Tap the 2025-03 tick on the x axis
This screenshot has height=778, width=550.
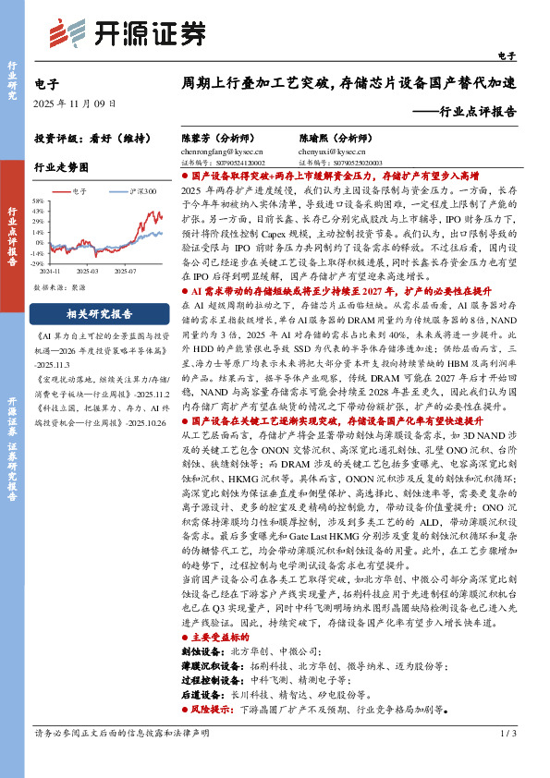click(87, 272)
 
